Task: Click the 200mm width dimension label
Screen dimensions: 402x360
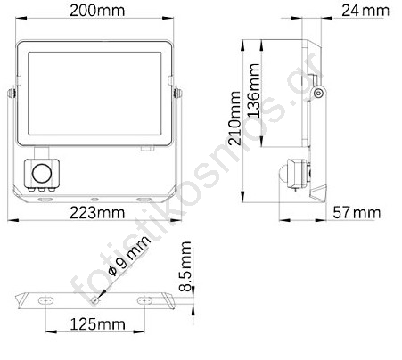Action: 97,11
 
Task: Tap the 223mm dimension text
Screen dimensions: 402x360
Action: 97,213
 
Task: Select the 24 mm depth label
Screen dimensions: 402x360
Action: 365,11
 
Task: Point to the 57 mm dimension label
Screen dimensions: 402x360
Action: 357,213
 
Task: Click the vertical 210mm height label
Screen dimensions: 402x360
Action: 234,118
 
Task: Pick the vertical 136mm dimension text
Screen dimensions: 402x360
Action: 254,90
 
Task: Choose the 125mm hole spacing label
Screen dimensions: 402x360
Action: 97,324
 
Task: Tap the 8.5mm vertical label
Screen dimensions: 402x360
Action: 185,266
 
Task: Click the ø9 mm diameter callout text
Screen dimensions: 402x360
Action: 129,256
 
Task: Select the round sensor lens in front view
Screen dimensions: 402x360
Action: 42,174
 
